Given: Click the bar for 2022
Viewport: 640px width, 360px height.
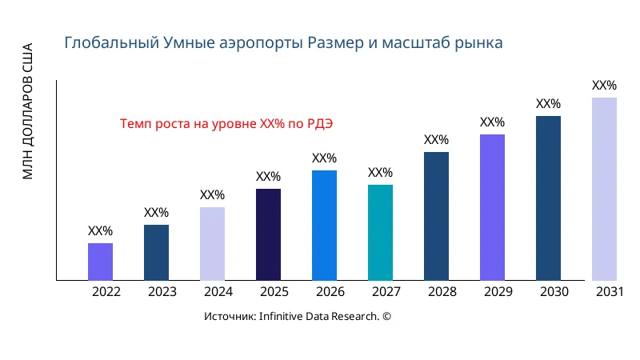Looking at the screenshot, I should [x=100, y=262].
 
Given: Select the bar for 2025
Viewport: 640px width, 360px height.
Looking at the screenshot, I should [x=268, y=234].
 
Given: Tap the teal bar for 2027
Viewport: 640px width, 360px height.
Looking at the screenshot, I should [x=380, y=233].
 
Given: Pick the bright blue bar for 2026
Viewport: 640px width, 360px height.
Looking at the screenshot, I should [x=324, y=226].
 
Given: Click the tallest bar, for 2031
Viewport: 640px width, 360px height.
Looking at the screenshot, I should [x=604, y=189].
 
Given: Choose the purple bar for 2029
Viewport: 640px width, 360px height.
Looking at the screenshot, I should [x=492, y=207].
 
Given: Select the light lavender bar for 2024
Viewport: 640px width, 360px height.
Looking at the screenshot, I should [x=212, y=244].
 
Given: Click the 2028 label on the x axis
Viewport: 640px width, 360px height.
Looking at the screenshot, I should [x=442, y=292].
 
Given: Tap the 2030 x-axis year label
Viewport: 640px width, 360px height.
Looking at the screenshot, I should [x=554, y=292].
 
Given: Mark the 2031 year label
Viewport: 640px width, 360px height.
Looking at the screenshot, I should [x=610, y=292].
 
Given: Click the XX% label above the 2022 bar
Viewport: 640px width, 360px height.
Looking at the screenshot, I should [x=100, y=231].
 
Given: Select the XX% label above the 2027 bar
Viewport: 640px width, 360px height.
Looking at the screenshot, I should [x=380, y=173].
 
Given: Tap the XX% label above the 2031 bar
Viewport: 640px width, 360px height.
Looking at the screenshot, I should [x=604, y=86].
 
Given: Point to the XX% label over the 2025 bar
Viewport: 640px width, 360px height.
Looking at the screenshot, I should [x=268, y=177].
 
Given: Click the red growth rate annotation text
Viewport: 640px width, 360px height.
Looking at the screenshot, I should [x=226, y=124].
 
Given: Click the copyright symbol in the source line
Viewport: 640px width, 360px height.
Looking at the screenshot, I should [x=386, y=317].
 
